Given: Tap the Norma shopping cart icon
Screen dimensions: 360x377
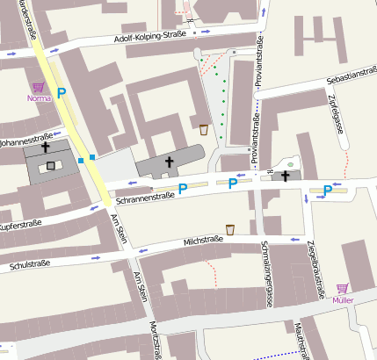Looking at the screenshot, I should pos(38,88).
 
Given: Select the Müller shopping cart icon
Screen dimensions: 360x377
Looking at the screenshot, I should pos(343,288).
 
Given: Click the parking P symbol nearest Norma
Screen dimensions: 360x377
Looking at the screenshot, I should pos(62,92).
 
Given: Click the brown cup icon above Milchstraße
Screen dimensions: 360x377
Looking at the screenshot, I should pos(230,229).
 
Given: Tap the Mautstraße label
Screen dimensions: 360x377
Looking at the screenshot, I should pos(301,342).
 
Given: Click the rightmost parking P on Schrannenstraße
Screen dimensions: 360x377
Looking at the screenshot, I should pos(327,190).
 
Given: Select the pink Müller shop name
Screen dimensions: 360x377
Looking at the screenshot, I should pos(343,300).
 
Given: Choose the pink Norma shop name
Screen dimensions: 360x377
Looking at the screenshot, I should pos(39,98).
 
